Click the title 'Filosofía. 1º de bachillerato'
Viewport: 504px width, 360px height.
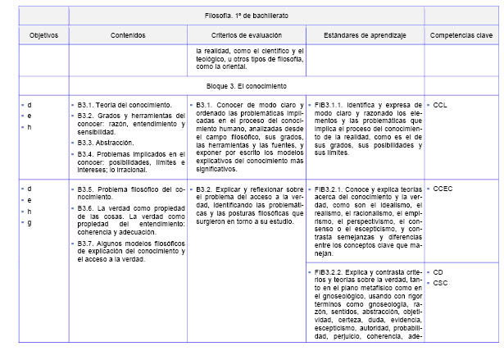246,16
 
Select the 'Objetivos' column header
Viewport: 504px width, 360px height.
43,36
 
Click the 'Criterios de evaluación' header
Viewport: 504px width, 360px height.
245,36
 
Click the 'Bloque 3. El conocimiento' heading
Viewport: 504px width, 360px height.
246,85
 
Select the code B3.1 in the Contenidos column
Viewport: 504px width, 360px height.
87,105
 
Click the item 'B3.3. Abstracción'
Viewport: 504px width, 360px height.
106,142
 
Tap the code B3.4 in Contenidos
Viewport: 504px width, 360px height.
87,154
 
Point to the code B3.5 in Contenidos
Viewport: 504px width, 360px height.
87,189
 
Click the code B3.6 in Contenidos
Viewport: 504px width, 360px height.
87,208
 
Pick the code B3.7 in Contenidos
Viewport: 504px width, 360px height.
87,244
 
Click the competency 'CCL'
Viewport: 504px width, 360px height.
440,105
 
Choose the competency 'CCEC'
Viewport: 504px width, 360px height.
443,189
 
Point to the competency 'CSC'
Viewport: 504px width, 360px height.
440,283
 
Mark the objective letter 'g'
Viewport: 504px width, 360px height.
30,222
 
